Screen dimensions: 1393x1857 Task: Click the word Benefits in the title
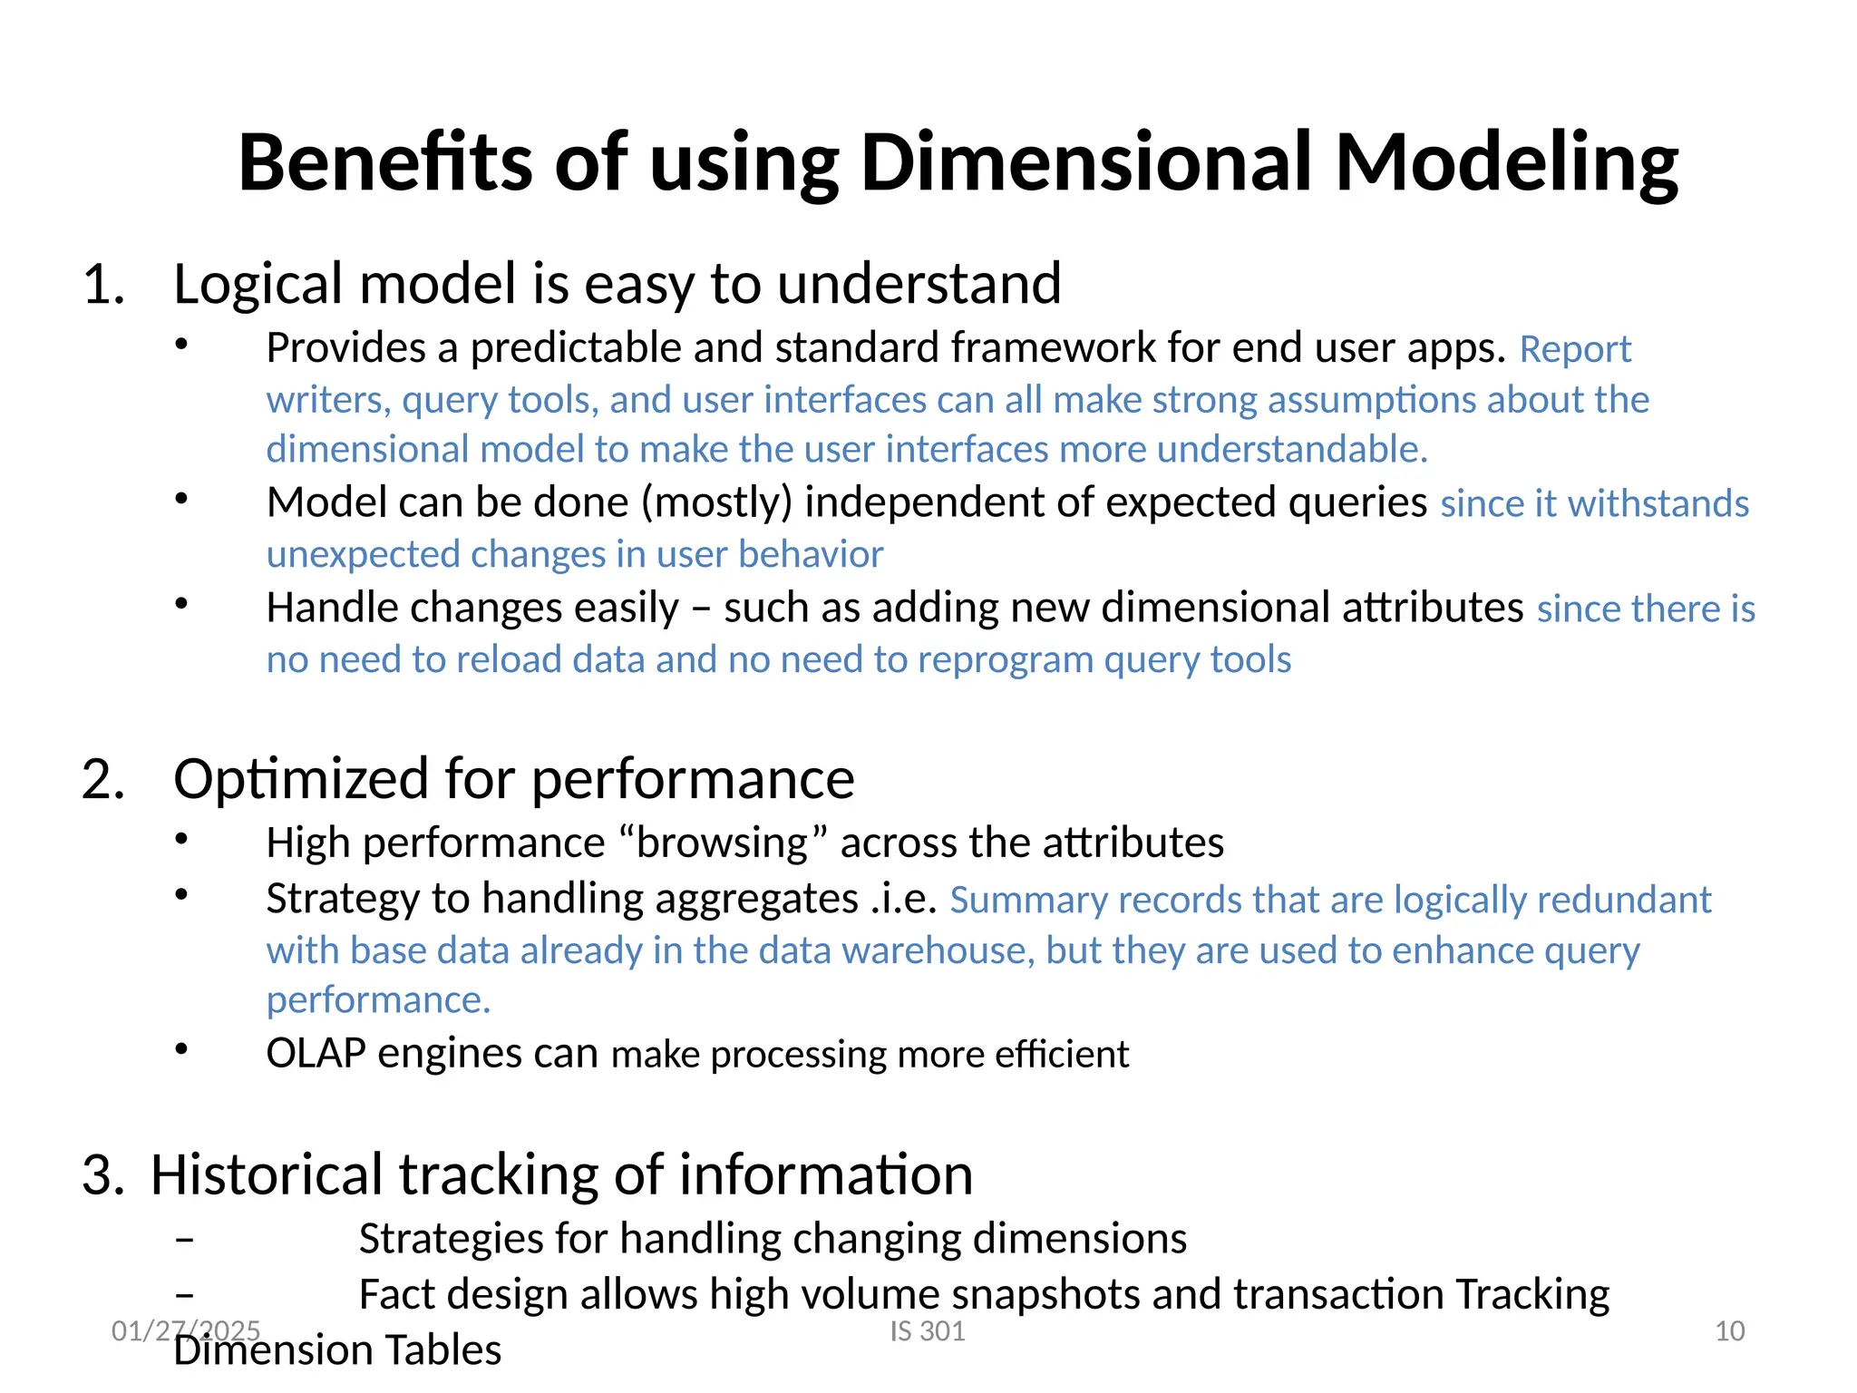pyautogui.click(x=384, y=163)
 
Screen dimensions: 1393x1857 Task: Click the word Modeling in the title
pyautogui.click(x=1506, y=163)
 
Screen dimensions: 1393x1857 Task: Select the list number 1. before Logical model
pyautogui.click(x=103, y=285)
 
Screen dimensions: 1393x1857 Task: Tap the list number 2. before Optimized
pyautogui.click(x=103, y=780)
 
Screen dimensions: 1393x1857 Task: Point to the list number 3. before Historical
pyautogui.click(x=103, y=1175)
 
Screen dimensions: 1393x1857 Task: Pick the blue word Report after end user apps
pyautogui.click(x=1575, y=350)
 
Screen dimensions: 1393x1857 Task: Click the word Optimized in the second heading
pyautogui.click(x=300, y=780)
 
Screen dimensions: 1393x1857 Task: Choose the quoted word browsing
pyautogui.click(x=722, y=843)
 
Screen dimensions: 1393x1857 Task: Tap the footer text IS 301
pyautogui.click(x=927, y=1331)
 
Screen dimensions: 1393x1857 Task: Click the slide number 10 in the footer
pyautogui.click(x=1729, y=1331)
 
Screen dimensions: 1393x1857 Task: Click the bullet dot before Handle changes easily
pyautogui.click(x=181, y=604)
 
